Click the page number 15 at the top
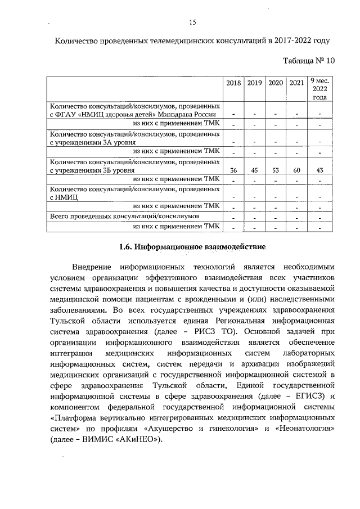(x=192, y=22)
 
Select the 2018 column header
(x=233, y=83)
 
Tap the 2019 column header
(x=254, y=83)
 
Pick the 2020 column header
(x=275, y=83)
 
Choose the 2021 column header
(x=296, y=83)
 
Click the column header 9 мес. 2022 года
(x=319, y=89)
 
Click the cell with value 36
(x=233, y=169)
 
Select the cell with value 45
(x=254, y=169)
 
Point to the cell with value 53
(x=275, y=169)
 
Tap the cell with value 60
(x=296, y=169)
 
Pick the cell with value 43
(x=319, y=169)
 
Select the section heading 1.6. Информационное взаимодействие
(x=192, y=246)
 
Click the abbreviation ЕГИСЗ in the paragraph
(x=307, y=396)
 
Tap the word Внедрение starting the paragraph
(x=93, y=266)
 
